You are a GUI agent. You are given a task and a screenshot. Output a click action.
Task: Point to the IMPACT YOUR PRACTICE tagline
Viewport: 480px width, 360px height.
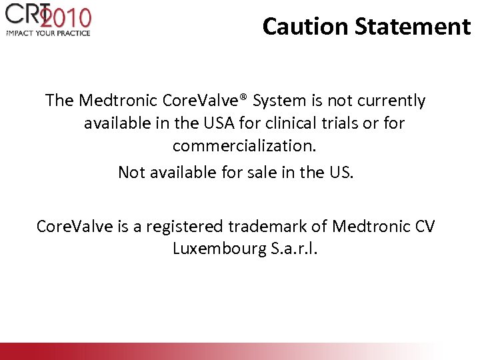click(48, 33)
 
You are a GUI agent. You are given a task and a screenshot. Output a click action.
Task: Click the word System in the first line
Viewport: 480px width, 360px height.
click(281, 101)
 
